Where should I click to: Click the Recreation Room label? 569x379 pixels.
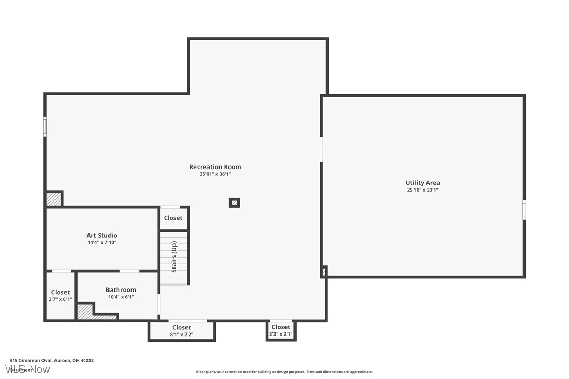pos(215,167)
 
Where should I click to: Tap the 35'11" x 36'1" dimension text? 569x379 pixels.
pos(215,174)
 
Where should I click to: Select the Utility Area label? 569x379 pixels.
pos(422,183)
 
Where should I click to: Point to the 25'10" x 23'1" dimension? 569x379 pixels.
pos(422,190)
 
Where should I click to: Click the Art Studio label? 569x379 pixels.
pos(102,236)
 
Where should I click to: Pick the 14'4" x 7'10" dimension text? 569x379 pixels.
pos(102,242)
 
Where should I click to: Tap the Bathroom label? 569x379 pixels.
pos(121,290)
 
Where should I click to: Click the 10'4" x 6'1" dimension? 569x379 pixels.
pos(121,297)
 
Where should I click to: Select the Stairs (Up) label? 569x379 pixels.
pos(174,257)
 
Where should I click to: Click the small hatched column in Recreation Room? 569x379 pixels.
pos(235,203)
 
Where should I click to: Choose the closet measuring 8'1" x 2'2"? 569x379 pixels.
pos(182,331)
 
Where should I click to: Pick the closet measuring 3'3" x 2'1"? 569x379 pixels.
pos(281,330)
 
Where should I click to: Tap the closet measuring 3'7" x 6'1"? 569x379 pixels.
pos(60,296)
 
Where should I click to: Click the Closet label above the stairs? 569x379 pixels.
pos(173,218)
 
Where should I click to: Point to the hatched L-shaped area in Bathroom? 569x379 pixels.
pos(89,313)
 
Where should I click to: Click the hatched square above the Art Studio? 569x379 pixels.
pos(53,199)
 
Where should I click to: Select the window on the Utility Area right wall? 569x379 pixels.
pos(524,210)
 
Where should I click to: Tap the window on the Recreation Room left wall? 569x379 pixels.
pos(45,127)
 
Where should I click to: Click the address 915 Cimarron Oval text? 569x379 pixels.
pos(51,360)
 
